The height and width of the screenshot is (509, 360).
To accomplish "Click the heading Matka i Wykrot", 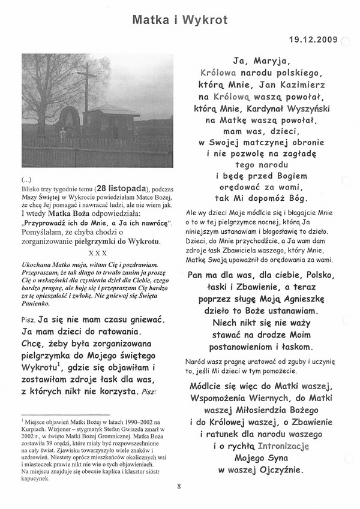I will [x=180, y=20].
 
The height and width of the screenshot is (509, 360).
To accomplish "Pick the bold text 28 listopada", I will [x=104, y=188].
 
